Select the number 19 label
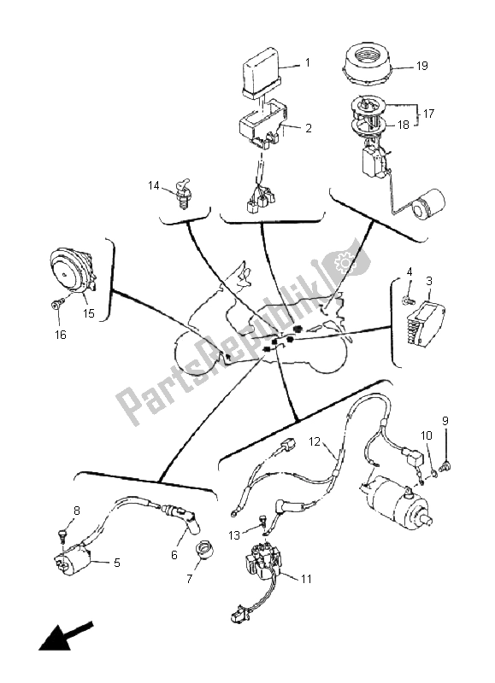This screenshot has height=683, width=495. pos(421,65)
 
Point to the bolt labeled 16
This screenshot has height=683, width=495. pos(56,303)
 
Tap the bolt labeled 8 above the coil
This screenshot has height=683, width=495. pos(62,533)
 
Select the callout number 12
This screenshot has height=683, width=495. pos(314,442)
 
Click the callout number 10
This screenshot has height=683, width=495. pos(425,436)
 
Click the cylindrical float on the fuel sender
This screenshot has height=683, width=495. pos(425,206)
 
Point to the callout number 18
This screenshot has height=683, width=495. pos(402,125)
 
